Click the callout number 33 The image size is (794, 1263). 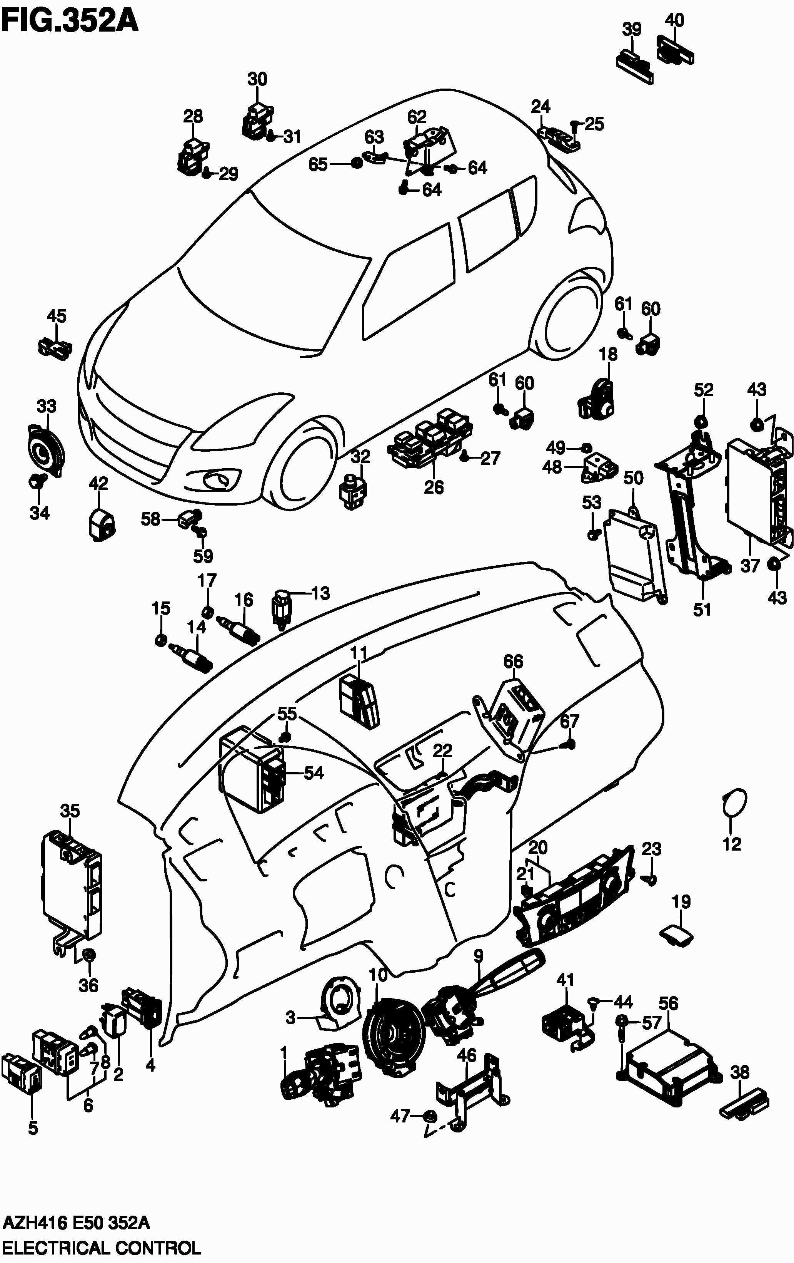click(46, 407)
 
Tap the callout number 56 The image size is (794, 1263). click(668, 1004)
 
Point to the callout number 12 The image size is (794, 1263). click(732, 844)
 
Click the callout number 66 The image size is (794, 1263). click(513, 662)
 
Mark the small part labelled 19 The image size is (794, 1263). click(676, 934)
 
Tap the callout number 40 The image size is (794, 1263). click(674, 20)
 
